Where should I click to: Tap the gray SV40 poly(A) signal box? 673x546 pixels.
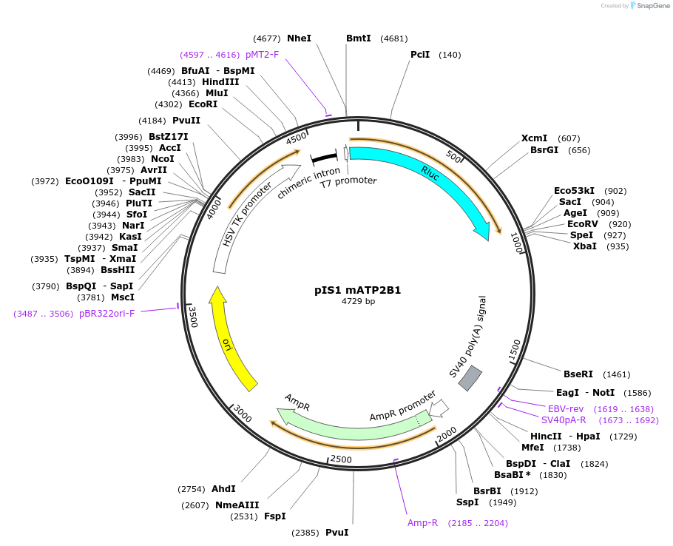click(x=470, y=378)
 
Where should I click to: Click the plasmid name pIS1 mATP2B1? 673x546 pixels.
click(x=358, y=290)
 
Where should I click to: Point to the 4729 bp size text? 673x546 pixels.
click(x=358, y=302)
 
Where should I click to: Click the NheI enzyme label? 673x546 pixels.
click(x=299, y=38)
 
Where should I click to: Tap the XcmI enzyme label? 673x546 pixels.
click(x=534, y=138)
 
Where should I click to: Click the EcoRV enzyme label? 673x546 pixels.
click(x=583, y=224)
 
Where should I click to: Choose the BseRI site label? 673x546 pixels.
click(x=578, y=374)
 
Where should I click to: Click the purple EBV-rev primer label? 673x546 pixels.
click(x=566, y=409)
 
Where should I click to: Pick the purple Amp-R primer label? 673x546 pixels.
click(x=423, y=522)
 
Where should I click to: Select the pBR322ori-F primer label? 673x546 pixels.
click(x=107, y=314)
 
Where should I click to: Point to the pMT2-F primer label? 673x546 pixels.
click(x=262, y=55)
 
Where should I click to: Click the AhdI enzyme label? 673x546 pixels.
click(x=223, y=489)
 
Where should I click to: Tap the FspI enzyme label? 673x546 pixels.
click(x=274, y=516)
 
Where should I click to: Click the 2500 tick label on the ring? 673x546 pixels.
click(x=341, y=459)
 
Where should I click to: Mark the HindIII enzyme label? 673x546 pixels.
click(x=220, y=82)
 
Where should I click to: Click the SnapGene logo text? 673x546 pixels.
click(x=653, y=6)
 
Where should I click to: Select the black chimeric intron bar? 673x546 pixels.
click(x=323, y=158)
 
